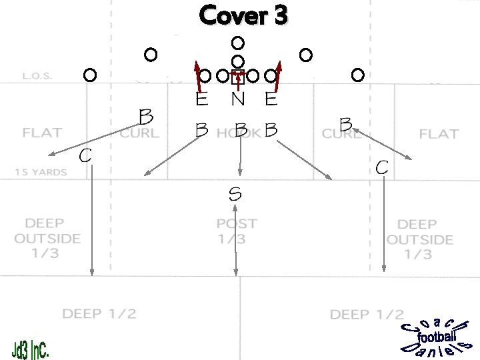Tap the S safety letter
(x=235, y=194)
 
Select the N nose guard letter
(x=237, y=100)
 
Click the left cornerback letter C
(x=85, y=156)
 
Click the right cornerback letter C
(x=382, y=167)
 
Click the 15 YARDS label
(x=41, y=172)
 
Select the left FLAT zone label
(x=42, y=133)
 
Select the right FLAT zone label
(x=439, y=134)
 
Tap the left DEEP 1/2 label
(x=99, y=313)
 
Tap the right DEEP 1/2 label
(x=367, y=314)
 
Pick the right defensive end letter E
(x=271, y=100)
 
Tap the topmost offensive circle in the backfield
(x=237, y=43)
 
